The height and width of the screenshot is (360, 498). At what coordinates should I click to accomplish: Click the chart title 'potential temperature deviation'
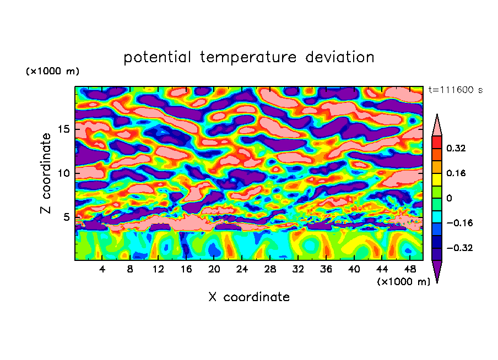[x=249, y=57]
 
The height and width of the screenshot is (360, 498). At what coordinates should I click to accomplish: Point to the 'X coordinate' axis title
[x=249, y=297]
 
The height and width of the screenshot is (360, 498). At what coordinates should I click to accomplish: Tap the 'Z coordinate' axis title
[x=46, y=173]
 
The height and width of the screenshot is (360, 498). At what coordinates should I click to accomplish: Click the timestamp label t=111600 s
[x=455, y=90]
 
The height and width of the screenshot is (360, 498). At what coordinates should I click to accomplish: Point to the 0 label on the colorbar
[x=449, y=198]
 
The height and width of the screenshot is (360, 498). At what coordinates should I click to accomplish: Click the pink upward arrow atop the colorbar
[x=437, y=125]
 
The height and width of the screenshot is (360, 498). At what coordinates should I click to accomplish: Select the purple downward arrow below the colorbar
[x=437, y=271]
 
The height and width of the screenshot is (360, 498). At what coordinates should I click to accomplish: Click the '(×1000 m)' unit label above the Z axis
[x=53, y=72]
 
